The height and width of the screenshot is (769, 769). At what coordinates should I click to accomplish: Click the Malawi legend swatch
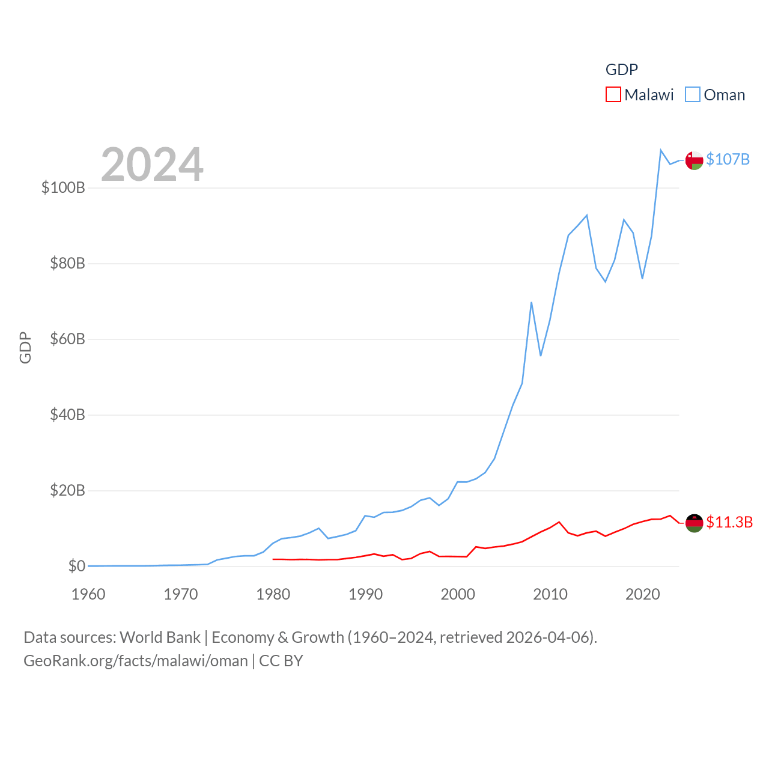[613, 95]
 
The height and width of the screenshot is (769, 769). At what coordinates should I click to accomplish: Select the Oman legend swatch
[693, 95]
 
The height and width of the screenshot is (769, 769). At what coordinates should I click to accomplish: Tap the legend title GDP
[621, 70]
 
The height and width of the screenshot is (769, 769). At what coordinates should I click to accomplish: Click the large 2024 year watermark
[152, 165]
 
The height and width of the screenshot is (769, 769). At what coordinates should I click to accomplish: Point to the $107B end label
[728, 159]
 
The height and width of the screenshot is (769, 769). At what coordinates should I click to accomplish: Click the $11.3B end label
[729, 522]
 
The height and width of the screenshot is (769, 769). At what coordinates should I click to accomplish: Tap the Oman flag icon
[694, 160]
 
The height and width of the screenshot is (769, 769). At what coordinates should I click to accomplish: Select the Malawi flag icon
[694, 523]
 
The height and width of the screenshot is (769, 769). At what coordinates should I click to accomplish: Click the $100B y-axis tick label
[63, 187]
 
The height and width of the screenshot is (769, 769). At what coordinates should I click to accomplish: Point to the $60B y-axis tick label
[67, 339]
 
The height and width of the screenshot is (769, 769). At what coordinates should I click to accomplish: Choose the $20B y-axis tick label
[67, 490]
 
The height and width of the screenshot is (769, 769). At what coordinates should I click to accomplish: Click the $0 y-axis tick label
[76, 566]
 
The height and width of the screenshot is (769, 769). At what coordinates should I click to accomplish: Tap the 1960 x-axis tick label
[88, 595]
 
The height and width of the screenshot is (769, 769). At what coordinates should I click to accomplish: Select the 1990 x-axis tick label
[365, 595]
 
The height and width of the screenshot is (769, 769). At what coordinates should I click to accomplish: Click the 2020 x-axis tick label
[642, 595]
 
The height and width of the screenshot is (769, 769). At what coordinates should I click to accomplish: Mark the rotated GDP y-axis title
[25, 347]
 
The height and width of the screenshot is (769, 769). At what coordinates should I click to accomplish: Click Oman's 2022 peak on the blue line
[661, 150]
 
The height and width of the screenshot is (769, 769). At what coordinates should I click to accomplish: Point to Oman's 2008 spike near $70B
[531, 302]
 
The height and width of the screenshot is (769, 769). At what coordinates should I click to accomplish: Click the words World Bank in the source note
[160, 637]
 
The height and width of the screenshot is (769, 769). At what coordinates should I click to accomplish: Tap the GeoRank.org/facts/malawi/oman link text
[136, 661]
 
